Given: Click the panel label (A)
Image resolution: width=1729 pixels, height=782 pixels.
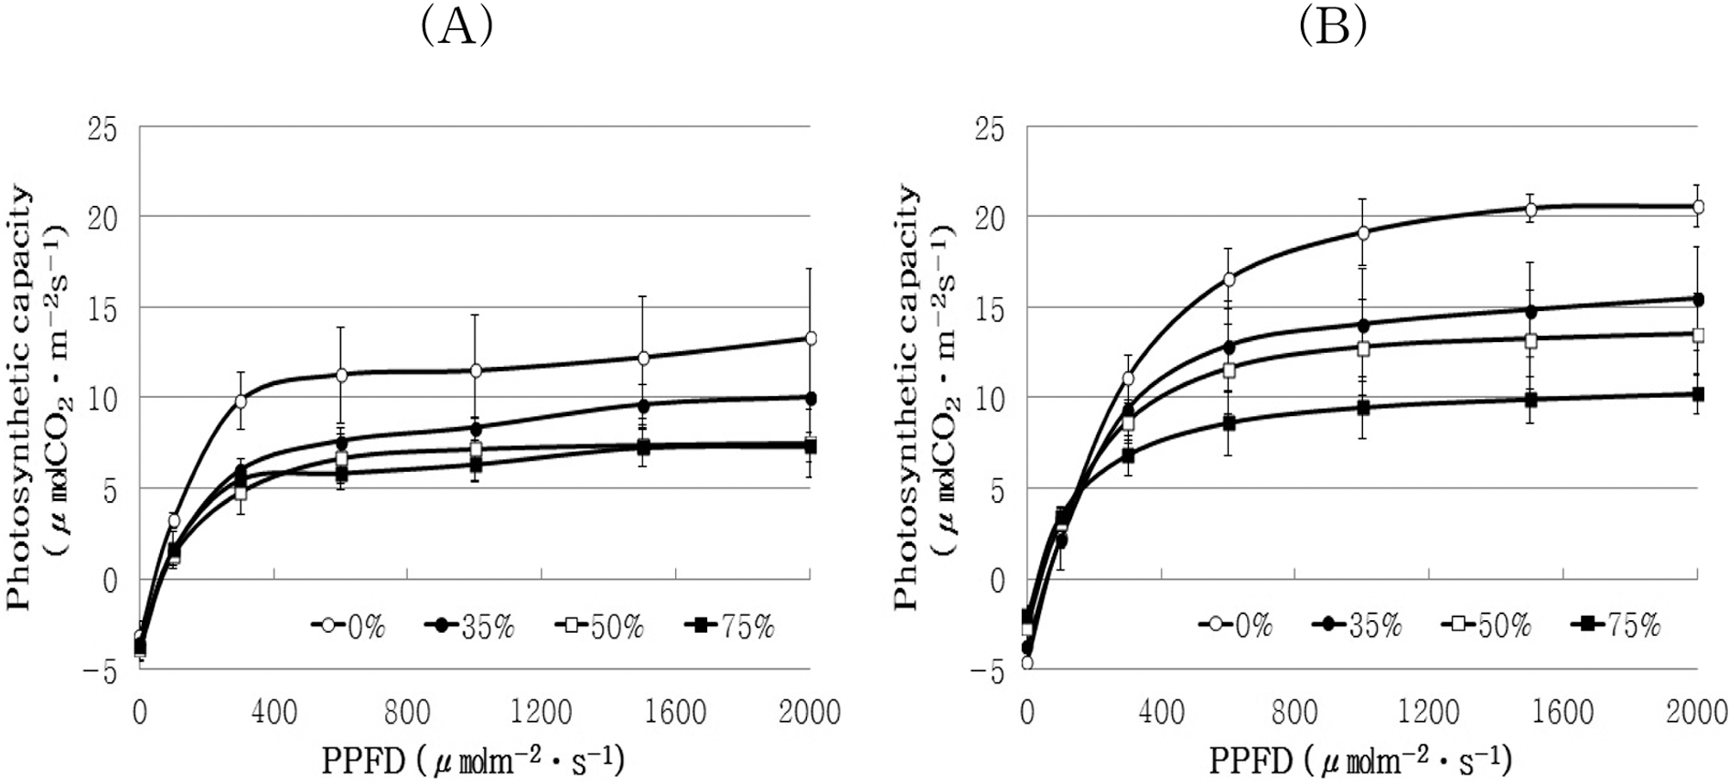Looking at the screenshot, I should click(456, 28).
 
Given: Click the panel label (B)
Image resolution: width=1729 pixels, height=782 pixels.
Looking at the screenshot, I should click(1332, 28).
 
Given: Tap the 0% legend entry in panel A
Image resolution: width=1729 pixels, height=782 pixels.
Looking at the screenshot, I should click(349, 627).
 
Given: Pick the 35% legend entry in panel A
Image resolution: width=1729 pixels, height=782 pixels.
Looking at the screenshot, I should click(469, 627).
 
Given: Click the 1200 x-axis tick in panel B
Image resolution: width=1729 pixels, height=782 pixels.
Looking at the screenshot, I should click(1428, 713).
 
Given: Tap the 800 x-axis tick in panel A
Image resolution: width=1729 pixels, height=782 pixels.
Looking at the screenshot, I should click(407, 713).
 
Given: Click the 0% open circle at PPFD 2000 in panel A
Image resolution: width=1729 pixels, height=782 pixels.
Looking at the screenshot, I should click(810, 338).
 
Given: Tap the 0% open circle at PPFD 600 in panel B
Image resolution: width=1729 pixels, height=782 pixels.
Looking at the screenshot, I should click(1229, 279).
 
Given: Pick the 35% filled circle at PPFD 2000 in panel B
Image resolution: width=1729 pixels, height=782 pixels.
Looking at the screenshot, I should click(1698, 300).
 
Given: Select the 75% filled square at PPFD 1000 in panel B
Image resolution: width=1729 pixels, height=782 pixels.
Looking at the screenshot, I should click(1363, 407).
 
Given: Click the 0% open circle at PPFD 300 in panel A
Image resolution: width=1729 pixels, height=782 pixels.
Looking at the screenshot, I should click(241, 401).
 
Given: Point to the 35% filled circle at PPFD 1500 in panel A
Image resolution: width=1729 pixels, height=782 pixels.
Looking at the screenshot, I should click(642, 405).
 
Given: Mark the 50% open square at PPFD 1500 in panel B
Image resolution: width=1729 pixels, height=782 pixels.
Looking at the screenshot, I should click(1531, 340).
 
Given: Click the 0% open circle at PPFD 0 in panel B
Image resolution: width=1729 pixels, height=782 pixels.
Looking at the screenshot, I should click(1026, 662).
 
